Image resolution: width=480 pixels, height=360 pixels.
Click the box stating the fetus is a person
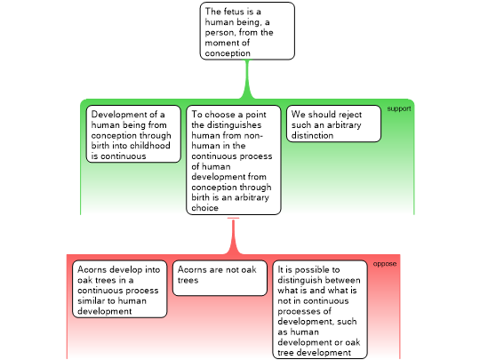tap(247, 31)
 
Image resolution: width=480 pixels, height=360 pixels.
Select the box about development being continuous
tap(133, 133)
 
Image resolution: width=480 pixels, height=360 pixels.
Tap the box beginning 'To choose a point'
tap(234, 160)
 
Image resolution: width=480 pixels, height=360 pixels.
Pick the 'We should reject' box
tap(333, 124)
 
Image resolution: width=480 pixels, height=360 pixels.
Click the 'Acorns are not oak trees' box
tap(220, 278)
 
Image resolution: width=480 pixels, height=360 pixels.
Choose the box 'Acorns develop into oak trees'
tap(120, 289)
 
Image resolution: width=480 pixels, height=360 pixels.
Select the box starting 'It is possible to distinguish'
tap(320, 309)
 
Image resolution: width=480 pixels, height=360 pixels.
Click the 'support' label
tap(399, 108)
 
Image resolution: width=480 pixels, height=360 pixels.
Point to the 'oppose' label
tap(385, 264)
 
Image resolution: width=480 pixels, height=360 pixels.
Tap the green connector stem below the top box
tap(247, 79)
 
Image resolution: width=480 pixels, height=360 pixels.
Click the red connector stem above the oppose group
tap(233, 236)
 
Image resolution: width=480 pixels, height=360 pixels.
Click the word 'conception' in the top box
tap(228, 53)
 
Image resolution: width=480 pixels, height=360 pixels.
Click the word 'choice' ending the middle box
tap(204, 208)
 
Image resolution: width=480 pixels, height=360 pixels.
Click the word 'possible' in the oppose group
tap(312, 270)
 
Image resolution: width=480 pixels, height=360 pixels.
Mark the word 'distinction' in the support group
tap(312, 135)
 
